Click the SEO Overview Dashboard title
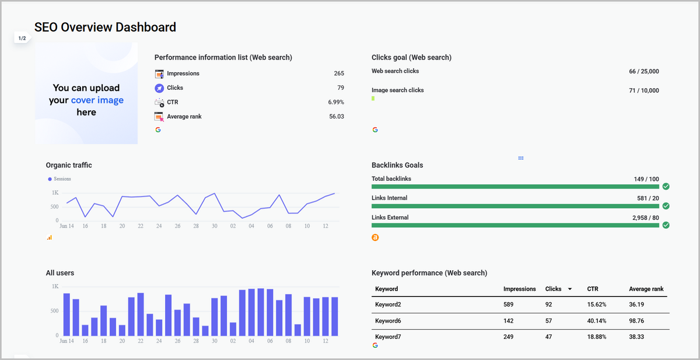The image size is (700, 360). [105, 27]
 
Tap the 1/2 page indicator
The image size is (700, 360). [22, 39]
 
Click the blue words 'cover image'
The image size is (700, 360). [97, 100]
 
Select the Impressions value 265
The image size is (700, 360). [339, 74]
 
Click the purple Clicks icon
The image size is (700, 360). [159, 88]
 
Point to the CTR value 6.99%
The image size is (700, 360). [336, 102]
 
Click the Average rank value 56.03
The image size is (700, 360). [337, 117]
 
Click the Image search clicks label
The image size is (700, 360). [398, 90]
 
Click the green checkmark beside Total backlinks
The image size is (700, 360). [666, 186]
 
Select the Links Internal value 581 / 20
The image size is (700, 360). [648, 198]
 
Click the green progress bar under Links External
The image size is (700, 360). [515, 225]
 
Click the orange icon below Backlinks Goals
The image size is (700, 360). [375, 237]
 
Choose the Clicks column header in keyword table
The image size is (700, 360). [553, 289]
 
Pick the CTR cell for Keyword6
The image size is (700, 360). [596, 321]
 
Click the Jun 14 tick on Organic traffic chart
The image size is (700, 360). [66, 226]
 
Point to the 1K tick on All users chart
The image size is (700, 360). [55, 286]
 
